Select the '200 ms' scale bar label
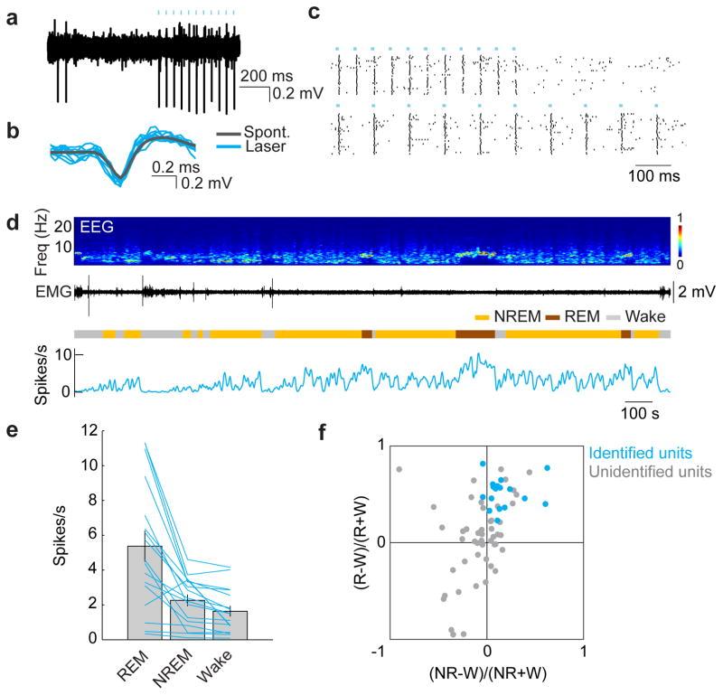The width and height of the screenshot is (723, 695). [x=264, y=76]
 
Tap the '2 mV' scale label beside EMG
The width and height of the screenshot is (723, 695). [x=695, y=291]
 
